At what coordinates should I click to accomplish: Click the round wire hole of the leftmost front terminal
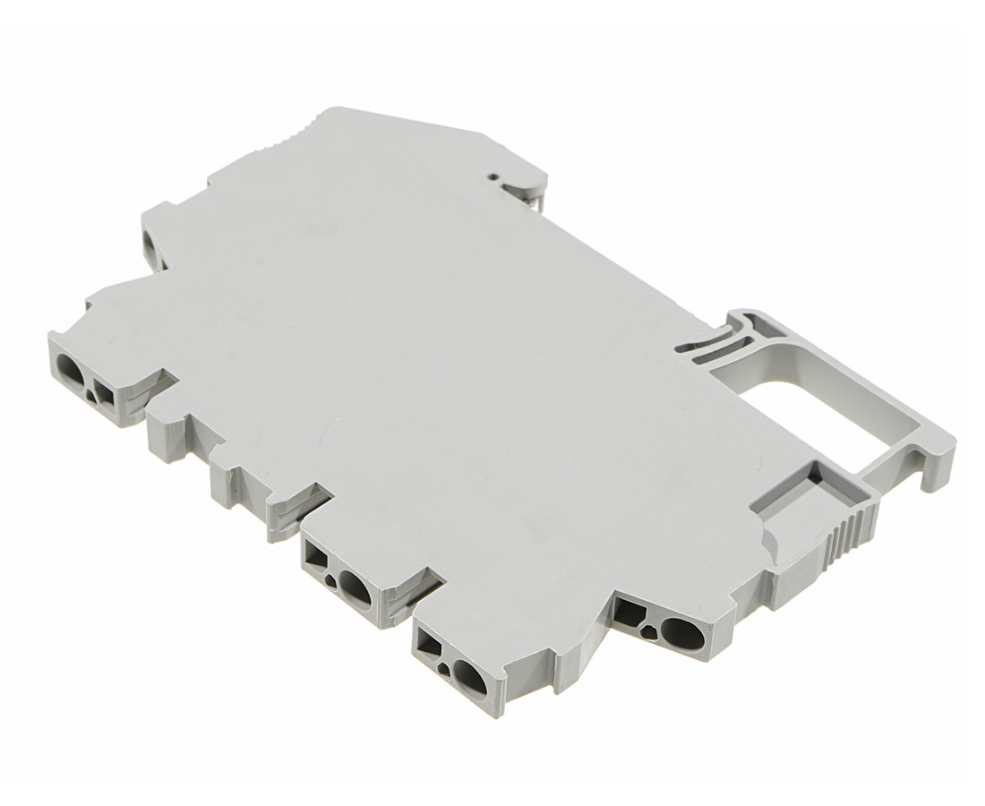71,365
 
